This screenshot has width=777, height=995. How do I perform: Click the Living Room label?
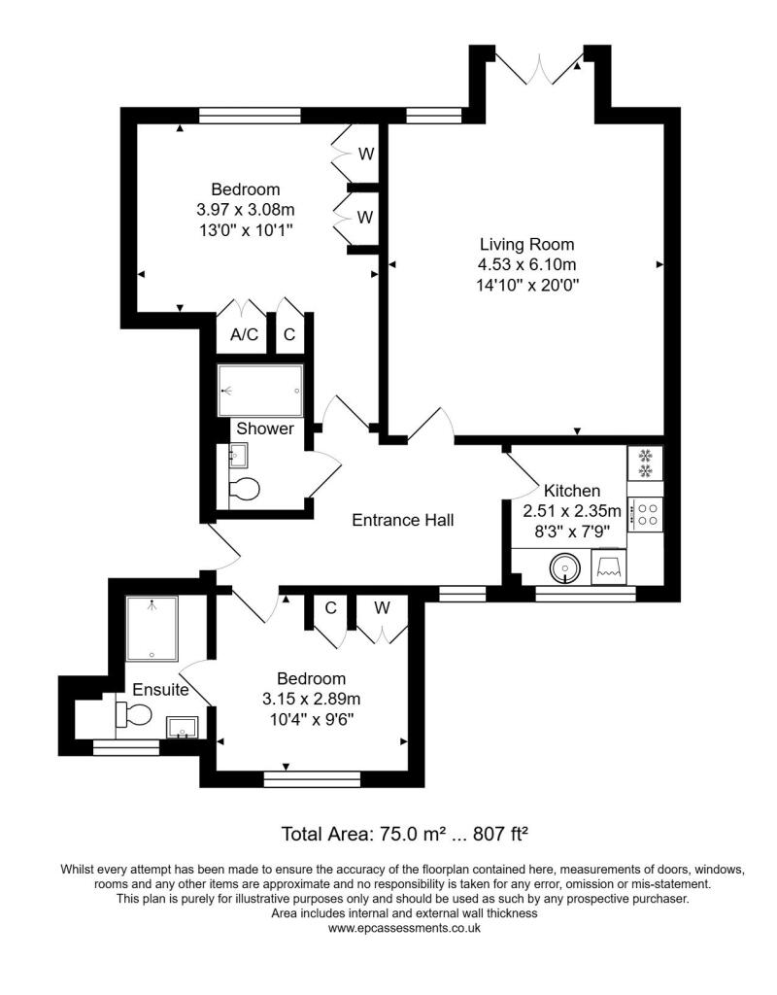pyautogui.click(x=526, y=244)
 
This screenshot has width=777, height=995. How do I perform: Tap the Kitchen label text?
pyautogui.click(x=571, y=491)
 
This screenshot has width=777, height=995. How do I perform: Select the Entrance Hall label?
pyautogui.click(x=402, y=520)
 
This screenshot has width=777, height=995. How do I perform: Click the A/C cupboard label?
pyautogui.click(x=244, y=335)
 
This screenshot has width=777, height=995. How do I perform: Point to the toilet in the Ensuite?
pyautogui.click(x=135, y=716)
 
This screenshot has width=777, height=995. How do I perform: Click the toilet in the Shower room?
pyautogui.click(x=244, y=489)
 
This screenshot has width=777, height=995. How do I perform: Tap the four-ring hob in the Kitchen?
pyautogui.click(x=646, y=513)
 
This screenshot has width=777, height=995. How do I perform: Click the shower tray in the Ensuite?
pyautogui.click(x=152, y=628)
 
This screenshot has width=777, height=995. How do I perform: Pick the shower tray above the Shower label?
pyautogui.click(x=259, y=391)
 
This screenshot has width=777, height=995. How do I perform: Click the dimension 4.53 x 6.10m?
pyautogui.click(x=526, y=264)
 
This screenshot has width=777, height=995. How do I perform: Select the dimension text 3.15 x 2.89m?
pyautogui.click(x=311, y=699)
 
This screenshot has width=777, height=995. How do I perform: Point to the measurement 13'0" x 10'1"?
pyautogui.click(x=246, y=229)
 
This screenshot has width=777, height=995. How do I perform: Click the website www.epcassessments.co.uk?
pyautogui.click(x=404, y=928)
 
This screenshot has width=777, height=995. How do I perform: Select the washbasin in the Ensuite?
pyautogui.click(x=182, y=726)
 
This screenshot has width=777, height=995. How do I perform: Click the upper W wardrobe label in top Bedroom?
pyautogui.click(x=365, y=154)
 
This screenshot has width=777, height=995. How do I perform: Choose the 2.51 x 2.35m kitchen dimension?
pyautogui.click(x=572, y=511)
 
